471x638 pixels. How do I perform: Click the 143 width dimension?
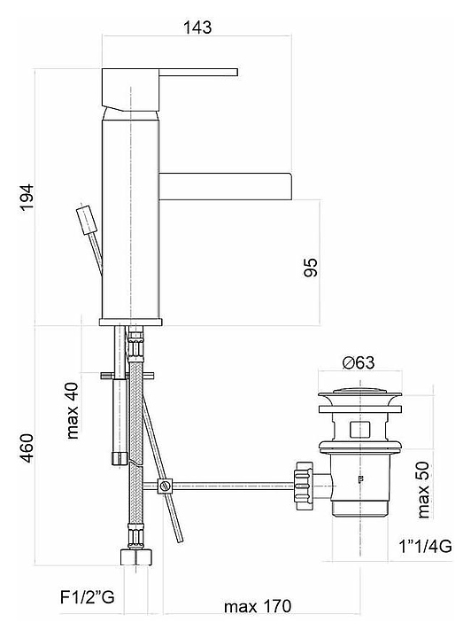tap(197, 27)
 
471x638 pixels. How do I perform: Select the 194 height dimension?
tap(27, 198)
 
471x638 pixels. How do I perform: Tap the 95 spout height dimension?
tap(311, 267)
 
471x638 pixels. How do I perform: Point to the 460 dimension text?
tap(27, 448)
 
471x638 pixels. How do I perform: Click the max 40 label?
tap(73, 411)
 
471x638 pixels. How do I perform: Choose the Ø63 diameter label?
tap(358, 362)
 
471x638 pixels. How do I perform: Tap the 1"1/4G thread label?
tap(425, 546)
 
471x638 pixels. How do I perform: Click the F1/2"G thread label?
tap(88, 598)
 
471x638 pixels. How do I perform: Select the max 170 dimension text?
tap(258, 607)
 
